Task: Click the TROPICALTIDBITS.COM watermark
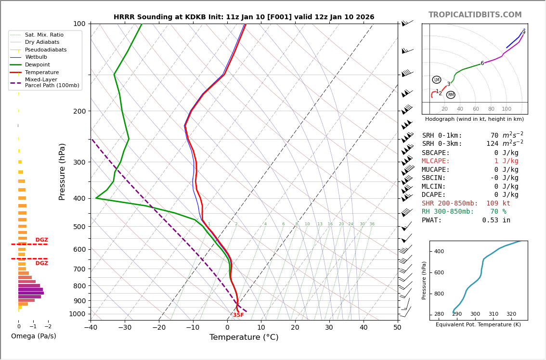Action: coord(475,15)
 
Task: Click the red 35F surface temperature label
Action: coord(238,315)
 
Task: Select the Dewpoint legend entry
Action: coord(37,65)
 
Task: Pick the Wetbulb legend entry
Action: coord(36,57)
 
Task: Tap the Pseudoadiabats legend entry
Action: coord(46,50)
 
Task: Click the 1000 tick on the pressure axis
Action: coord(77,314)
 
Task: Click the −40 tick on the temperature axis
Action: coord(91,328)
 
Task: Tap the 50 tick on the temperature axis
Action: coord(397,328)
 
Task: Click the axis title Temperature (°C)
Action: coord(244,337)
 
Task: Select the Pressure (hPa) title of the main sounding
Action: coord(62,171)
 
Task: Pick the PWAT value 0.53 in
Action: coord(496,220)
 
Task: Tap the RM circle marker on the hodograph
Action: coord(451,95)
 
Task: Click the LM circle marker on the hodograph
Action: coord(437,79)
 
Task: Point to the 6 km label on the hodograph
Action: coord(482,63)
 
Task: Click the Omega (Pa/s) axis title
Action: coord(34,336)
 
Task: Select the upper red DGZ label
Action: coord(42,240)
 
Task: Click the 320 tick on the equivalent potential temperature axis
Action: coord(511,314)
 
